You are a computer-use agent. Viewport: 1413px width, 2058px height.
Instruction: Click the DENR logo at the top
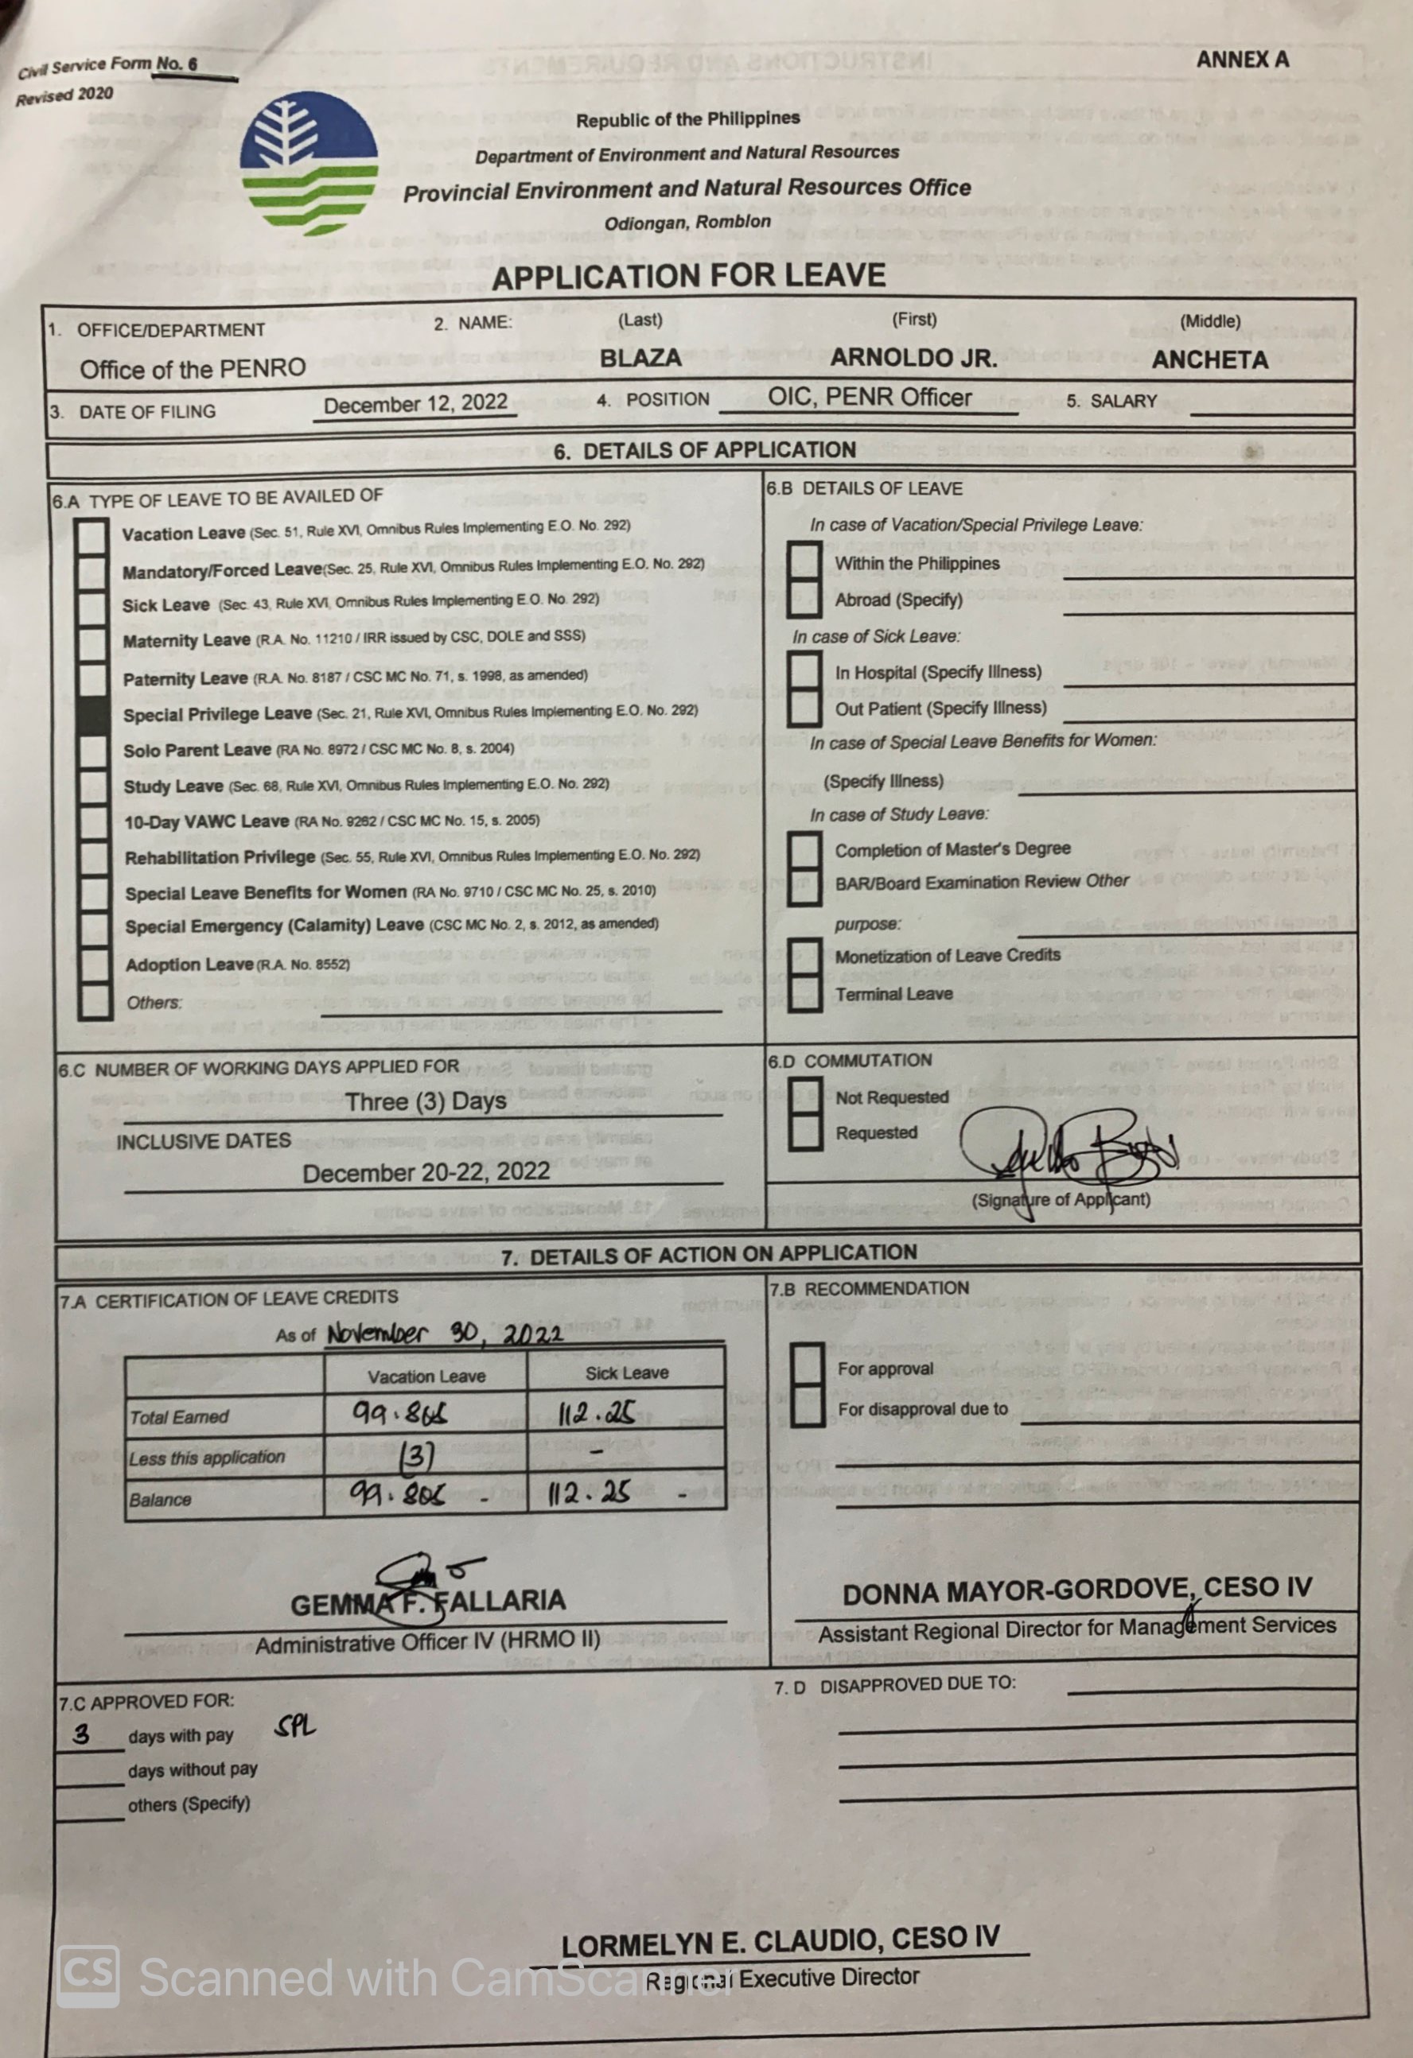coord(309,164)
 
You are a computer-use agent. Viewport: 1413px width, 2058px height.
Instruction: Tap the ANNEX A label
coord(1242,60)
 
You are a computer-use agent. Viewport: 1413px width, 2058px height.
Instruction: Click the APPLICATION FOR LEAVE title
coord(688,276)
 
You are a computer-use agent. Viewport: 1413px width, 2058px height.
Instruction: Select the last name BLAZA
coord(640,358)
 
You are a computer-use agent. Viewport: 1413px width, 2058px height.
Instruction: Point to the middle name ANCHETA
coord(1209,359)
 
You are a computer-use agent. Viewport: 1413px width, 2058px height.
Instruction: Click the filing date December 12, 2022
coord(415,405)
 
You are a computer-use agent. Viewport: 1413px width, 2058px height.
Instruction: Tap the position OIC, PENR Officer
coord(869,398)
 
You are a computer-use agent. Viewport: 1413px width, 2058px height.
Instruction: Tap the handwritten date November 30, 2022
coord(444,1334)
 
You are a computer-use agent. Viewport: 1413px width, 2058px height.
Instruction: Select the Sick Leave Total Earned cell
coord(625,1412)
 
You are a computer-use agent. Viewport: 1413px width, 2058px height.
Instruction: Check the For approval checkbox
coord(806,1366)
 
